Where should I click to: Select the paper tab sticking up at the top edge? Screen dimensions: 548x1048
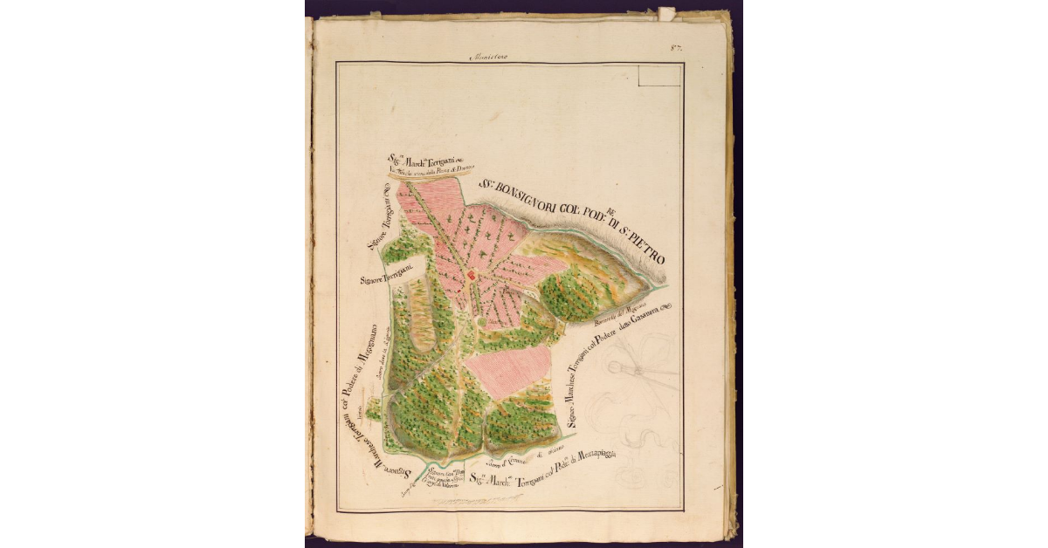click(x=666, y=13)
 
